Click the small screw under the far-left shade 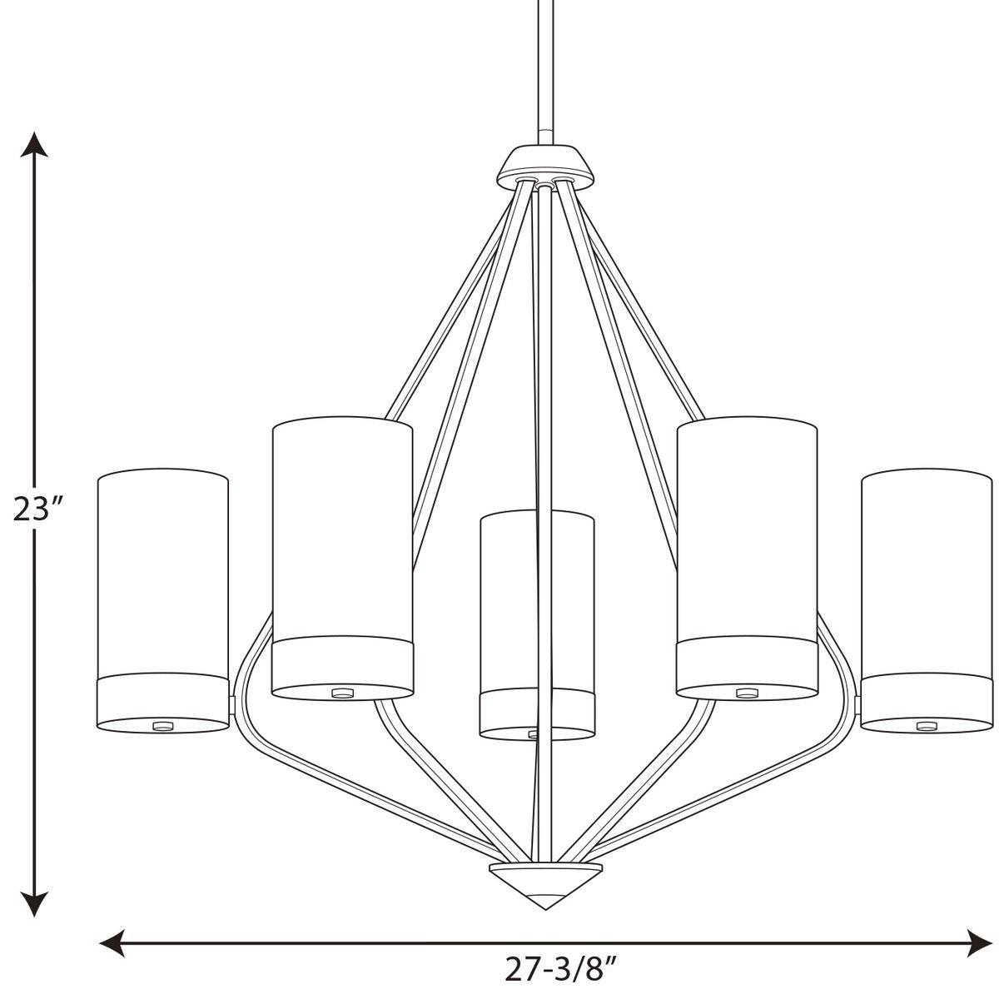click(x=162, y=726)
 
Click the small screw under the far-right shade click(x=924, y=726)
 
